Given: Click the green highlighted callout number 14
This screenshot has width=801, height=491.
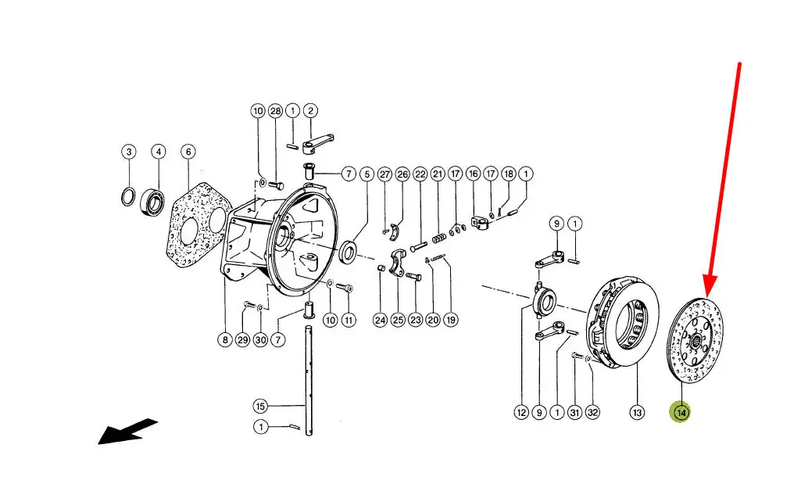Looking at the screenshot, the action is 681,412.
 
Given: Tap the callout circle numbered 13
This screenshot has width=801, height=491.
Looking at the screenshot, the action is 637,412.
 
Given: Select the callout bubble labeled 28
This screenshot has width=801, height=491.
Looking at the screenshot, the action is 275,111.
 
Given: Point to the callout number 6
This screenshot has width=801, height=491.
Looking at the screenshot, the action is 188,151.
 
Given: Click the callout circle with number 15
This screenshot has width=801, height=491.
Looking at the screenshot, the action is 260,407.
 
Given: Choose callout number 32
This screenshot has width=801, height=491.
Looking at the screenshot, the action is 592,412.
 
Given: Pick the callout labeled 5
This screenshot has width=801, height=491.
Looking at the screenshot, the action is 367,174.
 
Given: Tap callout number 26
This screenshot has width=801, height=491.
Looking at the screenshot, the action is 402,174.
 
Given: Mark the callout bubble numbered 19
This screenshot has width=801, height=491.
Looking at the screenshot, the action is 451,320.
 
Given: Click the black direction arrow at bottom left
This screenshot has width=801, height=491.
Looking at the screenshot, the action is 127,432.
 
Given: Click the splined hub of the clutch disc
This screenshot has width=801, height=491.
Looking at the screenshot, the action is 695,340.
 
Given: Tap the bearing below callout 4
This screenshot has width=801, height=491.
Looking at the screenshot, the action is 152,201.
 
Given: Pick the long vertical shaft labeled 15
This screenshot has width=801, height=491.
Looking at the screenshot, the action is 309,380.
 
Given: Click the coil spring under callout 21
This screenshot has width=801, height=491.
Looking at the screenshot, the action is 440,238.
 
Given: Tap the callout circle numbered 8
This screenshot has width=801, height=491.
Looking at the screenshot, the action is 225,339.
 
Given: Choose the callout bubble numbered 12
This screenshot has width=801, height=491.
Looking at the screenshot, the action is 521,412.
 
